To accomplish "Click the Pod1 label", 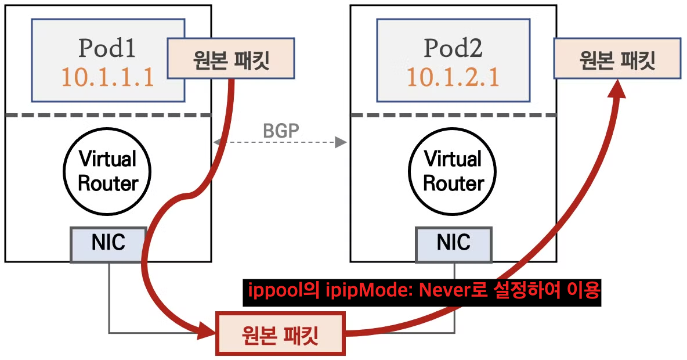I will coord(107,49).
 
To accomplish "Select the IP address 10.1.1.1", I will coord(107,77).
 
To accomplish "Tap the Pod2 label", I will coord(453,49).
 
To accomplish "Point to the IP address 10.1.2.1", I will coord(453,77).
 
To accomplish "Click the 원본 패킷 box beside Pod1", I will coord(231,58).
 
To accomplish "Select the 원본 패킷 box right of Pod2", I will coord(617,58).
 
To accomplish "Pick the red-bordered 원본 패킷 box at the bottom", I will coord(280,334).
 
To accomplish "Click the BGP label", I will coord(281,131).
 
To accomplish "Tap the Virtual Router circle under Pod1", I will coord(108,171).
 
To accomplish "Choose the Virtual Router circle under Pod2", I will coord(453,171).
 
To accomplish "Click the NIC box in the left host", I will coord(108,243).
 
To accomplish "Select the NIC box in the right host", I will coord(454,243).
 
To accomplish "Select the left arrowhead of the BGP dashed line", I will coord(216,142).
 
